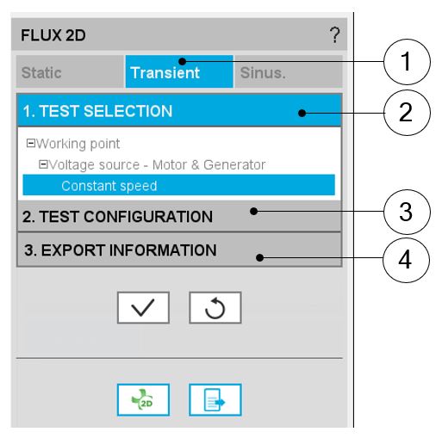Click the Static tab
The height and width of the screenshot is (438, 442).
70,71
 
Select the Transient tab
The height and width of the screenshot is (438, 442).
179,71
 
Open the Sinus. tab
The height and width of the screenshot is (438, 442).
289,71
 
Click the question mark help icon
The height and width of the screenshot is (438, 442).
334,35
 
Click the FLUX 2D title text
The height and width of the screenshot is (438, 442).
53,35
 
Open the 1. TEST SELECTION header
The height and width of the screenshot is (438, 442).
179,111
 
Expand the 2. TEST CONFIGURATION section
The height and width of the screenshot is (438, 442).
179,216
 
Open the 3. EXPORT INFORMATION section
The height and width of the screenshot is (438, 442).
179,250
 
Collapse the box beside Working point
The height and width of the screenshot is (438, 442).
30,143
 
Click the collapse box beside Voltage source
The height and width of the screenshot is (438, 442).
43,164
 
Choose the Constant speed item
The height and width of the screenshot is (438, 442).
178,185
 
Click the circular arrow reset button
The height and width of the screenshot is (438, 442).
215,307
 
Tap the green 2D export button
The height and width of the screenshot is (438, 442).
143,399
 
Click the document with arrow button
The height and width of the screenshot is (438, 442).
215,399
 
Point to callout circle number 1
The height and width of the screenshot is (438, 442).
407,62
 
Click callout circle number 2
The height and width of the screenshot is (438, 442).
407,113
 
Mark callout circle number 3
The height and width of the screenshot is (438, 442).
407,212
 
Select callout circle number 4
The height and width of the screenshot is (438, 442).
406,260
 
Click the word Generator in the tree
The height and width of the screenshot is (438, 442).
234,164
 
